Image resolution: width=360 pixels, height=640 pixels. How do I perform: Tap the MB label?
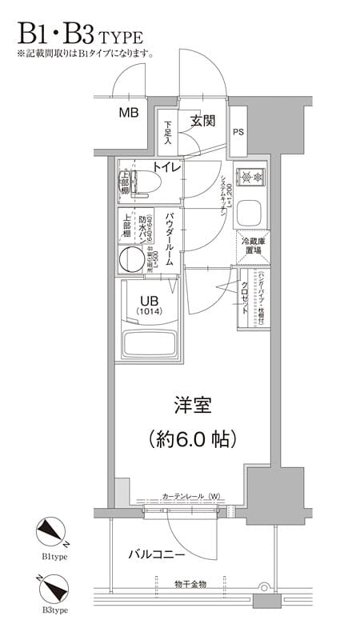click(129, 113)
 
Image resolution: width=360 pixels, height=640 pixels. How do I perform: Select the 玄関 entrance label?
click(202, 122)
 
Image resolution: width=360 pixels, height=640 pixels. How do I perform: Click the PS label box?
click(238, 132)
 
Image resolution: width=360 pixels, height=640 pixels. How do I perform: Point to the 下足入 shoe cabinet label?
click(168, 131)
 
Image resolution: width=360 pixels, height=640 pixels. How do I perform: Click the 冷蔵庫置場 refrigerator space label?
click(254, 246)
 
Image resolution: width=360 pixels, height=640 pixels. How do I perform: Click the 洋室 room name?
click(192, 405)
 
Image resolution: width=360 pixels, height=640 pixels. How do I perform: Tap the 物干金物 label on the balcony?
click(190, 585)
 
